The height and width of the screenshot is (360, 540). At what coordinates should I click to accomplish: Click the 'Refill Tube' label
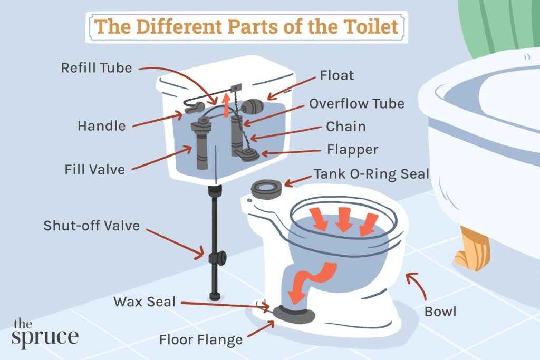point(96,68)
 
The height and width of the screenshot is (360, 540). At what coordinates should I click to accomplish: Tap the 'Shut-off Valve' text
point(92,226)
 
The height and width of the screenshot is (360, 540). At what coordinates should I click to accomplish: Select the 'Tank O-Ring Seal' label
point(372,174)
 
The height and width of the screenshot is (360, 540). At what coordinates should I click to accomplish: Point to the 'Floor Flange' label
point(201,339)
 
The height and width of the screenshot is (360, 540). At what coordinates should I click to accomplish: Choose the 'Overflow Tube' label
point(356,103)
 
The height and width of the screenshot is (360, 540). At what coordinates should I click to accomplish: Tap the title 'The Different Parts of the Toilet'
point(246,26)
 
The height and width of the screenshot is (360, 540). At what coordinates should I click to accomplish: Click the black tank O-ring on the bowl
point(268,189)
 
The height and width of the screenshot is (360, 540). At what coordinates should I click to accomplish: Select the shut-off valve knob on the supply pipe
point(218,258)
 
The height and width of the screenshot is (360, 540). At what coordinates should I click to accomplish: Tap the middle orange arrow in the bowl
point(343,220)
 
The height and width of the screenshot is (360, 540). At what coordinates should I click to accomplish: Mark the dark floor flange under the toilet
point(295,316)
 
